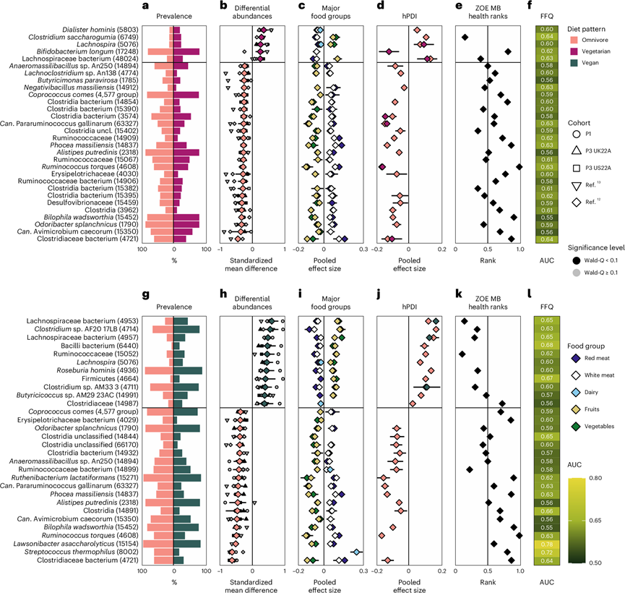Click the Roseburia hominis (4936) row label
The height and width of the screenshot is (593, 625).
[x=101, y=370]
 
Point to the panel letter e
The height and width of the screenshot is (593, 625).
[x=457, y=7]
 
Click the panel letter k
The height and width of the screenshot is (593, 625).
[x=457, y=294]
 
